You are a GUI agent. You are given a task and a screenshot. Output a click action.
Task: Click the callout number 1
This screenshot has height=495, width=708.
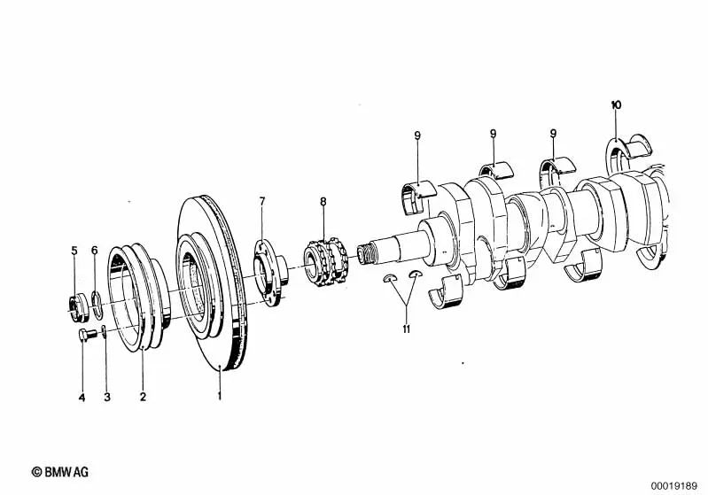(220, 397)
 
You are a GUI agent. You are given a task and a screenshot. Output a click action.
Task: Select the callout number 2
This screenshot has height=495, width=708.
(144, 397)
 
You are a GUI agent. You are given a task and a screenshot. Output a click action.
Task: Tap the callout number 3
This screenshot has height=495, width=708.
(107, 397)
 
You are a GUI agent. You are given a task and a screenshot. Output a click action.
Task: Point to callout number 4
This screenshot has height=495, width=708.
(82, 398)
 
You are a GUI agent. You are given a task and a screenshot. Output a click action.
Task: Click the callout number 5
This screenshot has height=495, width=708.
(74, 251)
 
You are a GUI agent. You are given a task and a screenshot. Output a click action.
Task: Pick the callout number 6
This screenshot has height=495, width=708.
(94, 250)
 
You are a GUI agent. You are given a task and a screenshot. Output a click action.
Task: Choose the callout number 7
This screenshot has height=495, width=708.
(262, 201)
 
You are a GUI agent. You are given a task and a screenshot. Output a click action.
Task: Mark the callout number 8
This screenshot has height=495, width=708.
(323, 201)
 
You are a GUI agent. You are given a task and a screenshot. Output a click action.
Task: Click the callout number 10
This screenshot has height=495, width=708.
(616, 105)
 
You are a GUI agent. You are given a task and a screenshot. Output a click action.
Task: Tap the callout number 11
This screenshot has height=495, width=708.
(407, 329)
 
